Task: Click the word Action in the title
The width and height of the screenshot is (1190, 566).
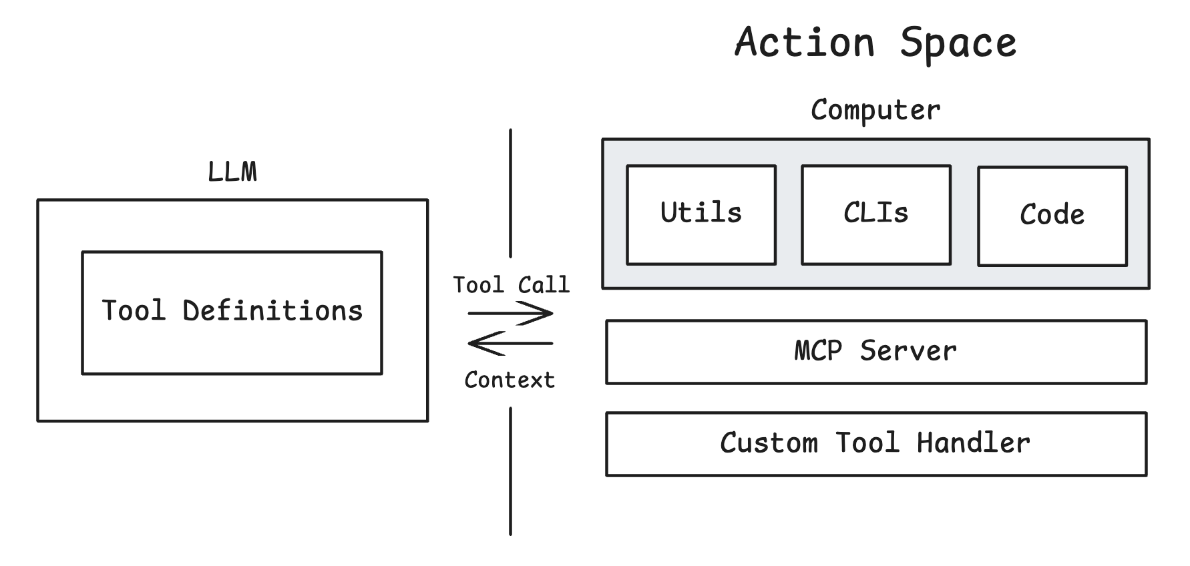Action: pos(805,43)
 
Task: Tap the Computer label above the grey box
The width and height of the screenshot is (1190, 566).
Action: pos(875,110)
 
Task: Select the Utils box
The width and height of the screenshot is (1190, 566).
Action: pos(701,214)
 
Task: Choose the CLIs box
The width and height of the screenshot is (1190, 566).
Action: pos(875,214)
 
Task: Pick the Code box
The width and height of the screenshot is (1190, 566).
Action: pos(1052,216)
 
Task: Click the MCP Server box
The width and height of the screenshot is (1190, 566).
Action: pos(875,352)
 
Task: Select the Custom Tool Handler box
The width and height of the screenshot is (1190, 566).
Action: pos(875,444)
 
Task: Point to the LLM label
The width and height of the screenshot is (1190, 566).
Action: pos(232,172)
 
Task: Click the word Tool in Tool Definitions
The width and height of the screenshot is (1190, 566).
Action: pos(133,311)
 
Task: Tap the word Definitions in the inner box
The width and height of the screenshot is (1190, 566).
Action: pos(272,311)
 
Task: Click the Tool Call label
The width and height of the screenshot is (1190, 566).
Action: pos(511,285)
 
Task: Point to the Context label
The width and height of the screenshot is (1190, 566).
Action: pos(510,380)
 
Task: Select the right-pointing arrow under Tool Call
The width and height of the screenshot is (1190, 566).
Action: pos(511,313)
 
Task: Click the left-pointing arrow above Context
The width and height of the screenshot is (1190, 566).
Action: pos(511,343)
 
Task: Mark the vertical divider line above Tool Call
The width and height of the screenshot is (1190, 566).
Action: pos(511,194)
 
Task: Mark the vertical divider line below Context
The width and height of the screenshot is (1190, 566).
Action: pos(511,471)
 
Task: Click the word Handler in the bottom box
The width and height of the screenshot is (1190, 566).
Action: pos(973,443)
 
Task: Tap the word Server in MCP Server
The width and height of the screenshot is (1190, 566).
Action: pos(908,351)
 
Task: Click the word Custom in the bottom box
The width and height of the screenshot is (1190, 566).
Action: pos(769,443)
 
